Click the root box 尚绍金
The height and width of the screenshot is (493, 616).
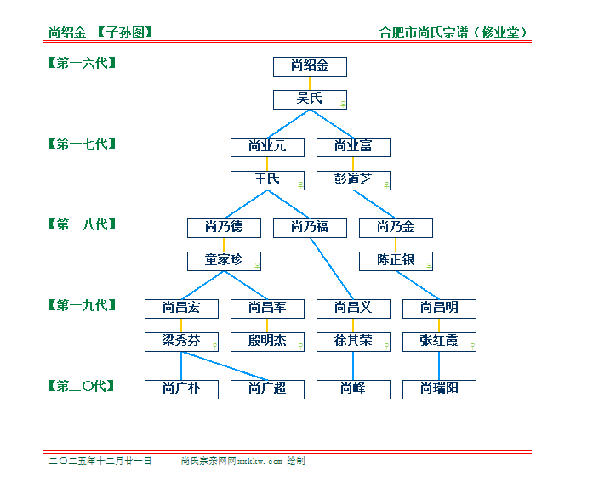(310, 66)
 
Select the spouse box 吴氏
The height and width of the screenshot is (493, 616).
(310, 99)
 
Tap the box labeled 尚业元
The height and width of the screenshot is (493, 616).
(267, 147)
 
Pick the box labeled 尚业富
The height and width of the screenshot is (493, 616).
(353, 147)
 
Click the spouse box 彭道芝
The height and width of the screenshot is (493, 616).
(353, 180)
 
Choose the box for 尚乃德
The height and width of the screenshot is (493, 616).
(224, 228)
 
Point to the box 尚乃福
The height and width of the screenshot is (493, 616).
(310, 228)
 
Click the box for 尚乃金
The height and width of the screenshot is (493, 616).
(396, 228)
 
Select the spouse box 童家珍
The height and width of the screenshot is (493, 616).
(224, 261)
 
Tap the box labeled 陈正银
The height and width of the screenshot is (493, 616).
(396, 261)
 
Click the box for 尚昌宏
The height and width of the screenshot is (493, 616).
(181, 309)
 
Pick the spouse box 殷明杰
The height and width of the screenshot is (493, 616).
(267, 342)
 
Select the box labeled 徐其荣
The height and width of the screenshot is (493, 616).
(353, 342)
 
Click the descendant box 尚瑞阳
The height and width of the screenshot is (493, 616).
(439, 389)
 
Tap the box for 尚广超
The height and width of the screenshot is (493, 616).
(267, 389)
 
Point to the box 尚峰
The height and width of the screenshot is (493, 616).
(353, 389)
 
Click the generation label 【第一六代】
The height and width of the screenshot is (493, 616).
(82, 63)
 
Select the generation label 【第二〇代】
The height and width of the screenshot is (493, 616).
(82, 386)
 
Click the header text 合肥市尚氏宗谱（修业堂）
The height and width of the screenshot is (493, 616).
(459, 33)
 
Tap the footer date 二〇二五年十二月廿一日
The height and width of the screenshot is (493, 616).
(100, 461)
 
